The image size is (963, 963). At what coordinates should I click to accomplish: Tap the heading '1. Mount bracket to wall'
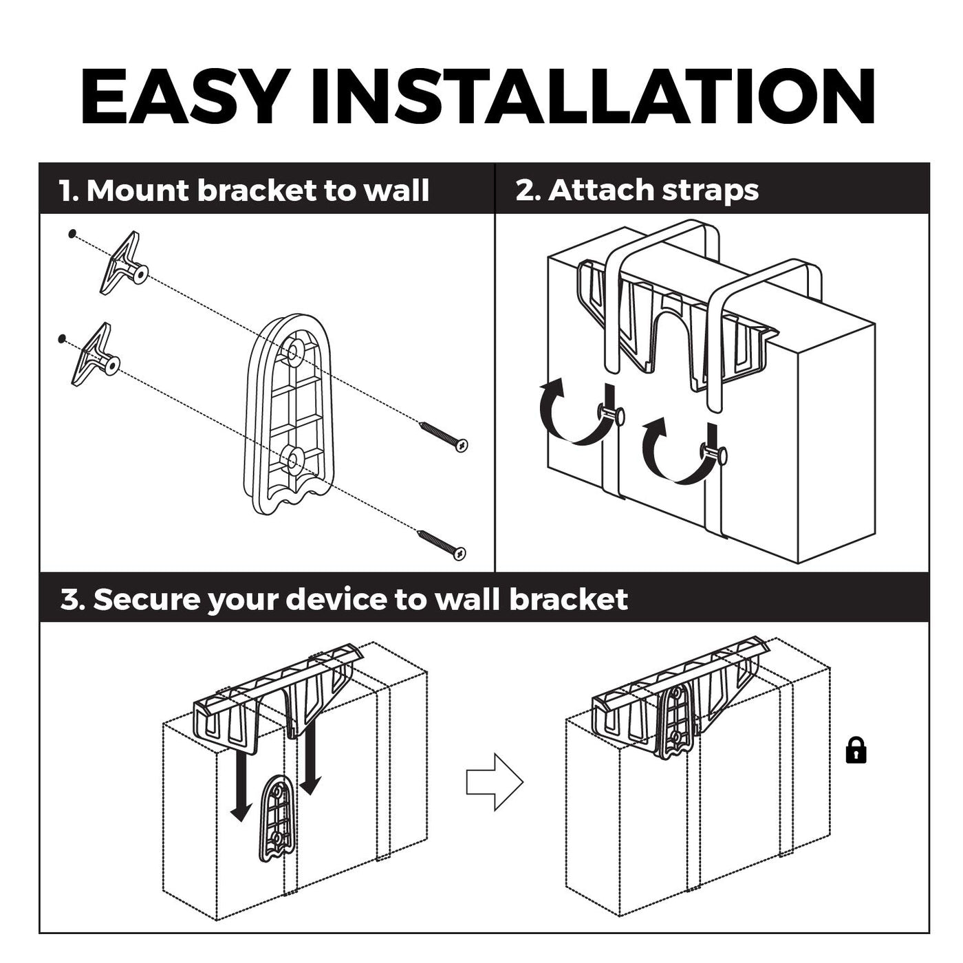244,191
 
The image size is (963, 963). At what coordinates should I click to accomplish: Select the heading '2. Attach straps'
637,191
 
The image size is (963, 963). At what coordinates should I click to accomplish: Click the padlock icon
856,750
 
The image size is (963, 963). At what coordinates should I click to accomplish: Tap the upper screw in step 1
444,437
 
